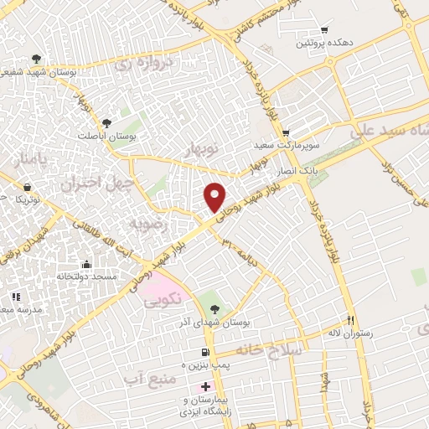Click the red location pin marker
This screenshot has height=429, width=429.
[215, 197]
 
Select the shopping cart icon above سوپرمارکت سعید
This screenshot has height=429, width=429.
[286, 132]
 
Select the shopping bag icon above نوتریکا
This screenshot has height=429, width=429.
[28, 187]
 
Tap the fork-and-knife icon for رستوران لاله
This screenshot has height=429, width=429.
[351, 322]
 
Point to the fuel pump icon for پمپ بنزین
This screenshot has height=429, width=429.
[204, 351]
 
